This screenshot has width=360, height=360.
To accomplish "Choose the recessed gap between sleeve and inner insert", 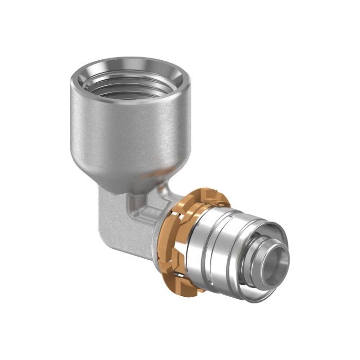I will tap(260, 242).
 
